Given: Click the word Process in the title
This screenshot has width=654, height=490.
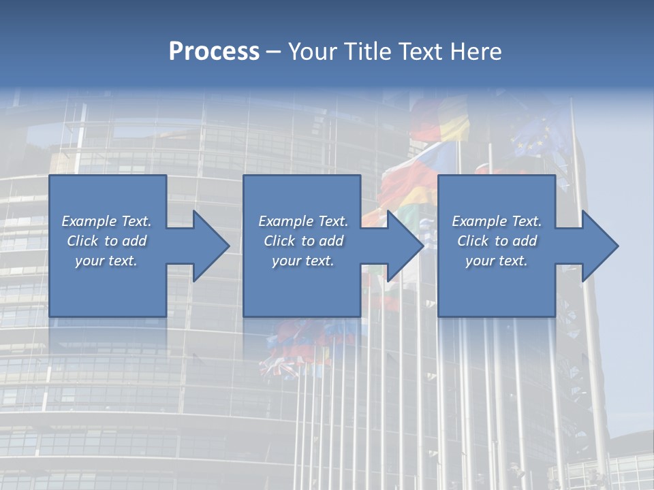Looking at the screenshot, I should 214,51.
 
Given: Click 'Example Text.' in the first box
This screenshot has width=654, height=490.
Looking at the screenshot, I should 106,221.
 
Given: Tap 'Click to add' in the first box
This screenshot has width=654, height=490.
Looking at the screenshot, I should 106,241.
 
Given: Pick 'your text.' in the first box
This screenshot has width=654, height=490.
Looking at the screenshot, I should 106,261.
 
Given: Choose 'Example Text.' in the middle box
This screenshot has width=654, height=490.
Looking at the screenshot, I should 303,221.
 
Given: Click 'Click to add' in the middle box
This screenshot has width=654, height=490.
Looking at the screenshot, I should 303,241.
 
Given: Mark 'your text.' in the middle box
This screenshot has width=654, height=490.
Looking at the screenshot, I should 303,261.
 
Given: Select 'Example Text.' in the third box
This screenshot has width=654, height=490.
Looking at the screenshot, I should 497,221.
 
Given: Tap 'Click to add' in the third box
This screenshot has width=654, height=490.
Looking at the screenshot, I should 497,241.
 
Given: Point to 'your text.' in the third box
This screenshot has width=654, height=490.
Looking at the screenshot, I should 497,261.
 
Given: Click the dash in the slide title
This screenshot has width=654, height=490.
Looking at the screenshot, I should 273,52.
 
